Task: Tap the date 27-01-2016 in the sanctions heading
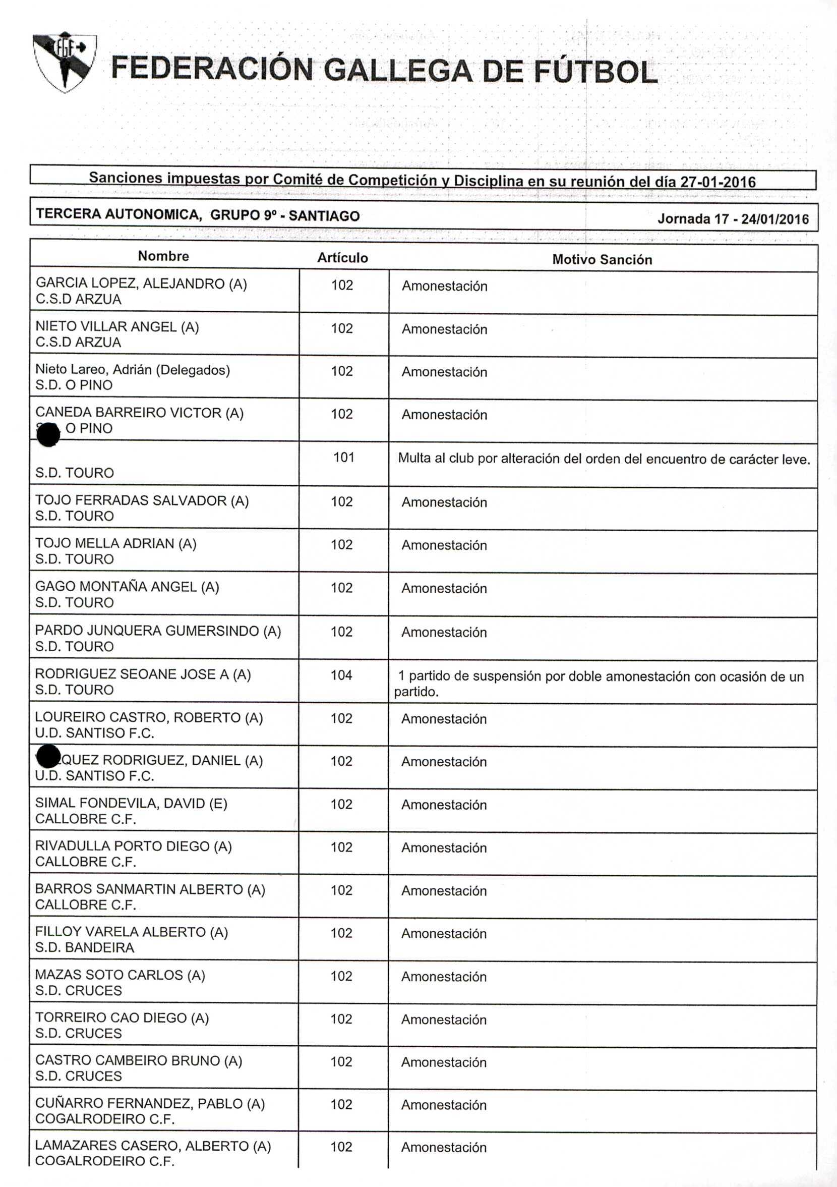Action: point(718,182)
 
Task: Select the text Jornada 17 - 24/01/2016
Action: point(733,219)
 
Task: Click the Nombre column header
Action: point(163,256)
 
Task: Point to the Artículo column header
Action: point(342,258)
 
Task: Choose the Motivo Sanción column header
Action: point(602,259)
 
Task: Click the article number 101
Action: point(343,458)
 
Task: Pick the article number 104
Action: point(341,675)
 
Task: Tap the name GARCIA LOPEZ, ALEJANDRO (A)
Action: point(141,284)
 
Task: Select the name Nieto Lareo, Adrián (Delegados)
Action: point(132,370)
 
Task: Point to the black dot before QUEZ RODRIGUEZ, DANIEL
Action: point(48,756)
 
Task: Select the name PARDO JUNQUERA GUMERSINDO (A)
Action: point(158,631)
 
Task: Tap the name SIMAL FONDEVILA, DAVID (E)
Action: point(131,804)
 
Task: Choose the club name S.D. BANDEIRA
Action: point(84,948)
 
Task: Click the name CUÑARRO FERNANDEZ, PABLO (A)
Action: point(150,1104)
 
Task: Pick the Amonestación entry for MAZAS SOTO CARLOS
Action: point(444,977)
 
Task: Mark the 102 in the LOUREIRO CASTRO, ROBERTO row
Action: point(341,718)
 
